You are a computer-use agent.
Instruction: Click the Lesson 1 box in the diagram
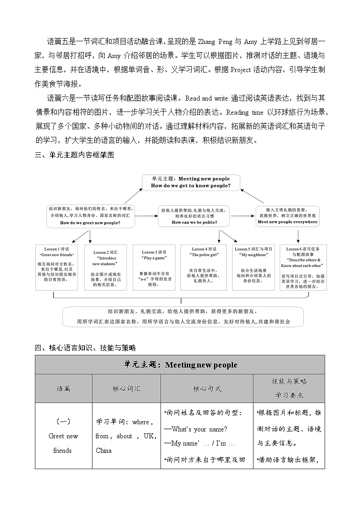coord(57,267)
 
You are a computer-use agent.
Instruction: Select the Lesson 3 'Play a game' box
coord(154,267)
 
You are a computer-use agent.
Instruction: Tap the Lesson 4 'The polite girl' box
coord(204,267)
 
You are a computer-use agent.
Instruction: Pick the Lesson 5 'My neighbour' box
coord(253,267)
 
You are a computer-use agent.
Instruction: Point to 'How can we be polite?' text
coord(194,223)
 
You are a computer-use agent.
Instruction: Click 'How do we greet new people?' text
coord(90,223)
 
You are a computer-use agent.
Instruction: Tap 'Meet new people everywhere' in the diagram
coord(287,222)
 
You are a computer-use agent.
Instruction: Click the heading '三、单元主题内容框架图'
coord(74,155)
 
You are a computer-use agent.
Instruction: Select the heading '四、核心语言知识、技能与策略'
coord(85,348)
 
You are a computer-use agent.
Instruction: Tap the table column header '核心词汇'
coord(126,388)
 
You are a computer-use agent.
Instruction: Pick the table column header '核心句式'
coord(207,388)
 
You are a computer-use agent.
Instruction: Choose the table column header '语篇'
coord(63,388)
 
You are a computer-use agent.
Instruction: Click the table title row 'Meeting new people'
coord(180,365)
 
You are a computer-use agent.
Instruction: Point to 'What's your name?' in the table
coord(196,429)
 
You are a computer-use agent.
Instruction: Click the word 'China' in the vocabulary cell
coord(103,451)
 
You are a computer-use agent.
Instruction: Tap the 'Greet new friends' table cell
coord(63,436)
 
